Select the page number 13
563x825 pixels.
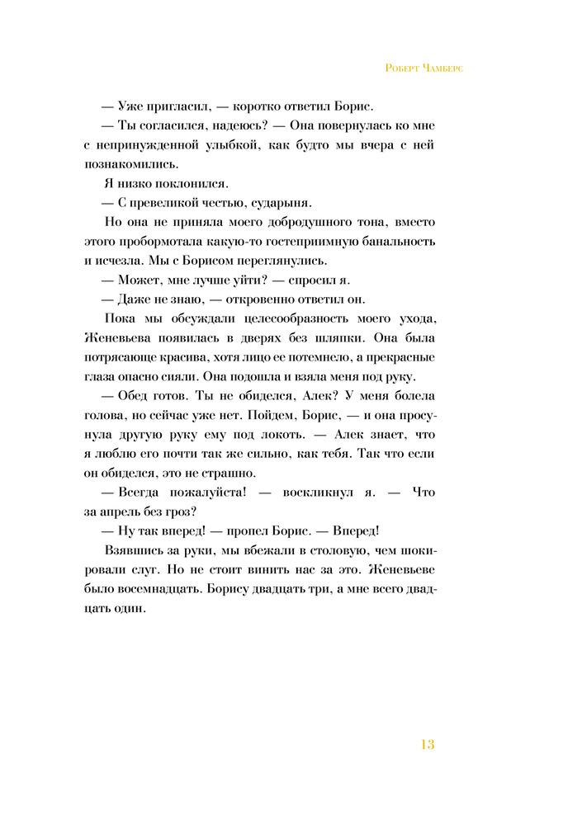427,745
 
